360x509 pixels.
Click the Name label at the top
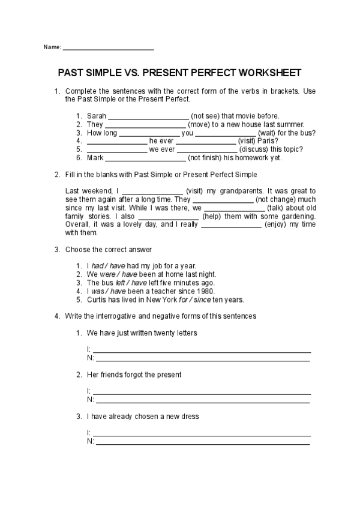[52, 47]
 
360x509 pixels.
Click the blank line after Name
[108, 48]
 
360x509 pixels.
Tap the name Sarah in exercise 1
[95, 116]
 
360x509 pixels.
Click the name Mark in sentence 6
[95, 158]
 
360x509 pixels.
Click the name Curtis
[97, 299]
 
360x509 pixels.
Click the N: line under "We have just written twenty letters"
[202, 359]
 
